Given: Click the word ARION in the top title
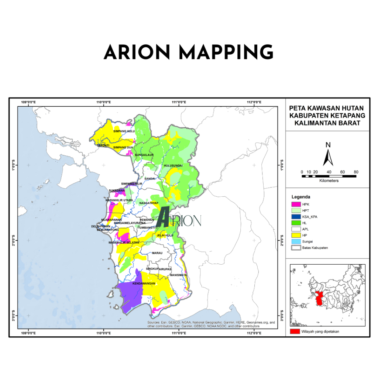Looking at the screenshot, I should tap(137, 52).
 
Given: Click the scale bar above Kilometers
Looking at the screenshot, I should tap(329, 176).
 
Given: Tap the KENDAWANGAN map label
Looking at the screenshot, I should tap(143, 283).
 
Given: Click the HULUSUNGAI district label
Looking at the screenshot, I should tap(173, 166).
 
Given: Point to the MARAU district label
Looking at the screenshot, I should tap(157, 253).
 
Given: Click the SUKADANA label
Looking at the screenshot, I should tap(117, 190).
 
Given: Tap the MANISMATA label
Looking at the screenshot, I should tap(178, 275).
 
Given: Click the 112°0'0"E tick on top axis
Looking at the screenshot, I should tap(254, 102).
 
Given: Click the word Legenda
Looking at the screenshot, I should tap(301, 197).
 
